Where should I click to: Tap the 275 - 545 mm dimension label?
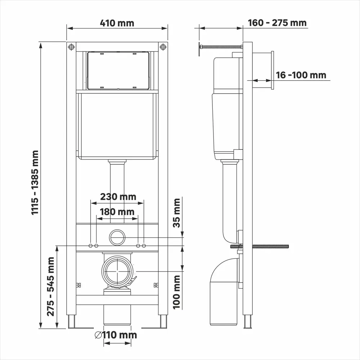(51, 286)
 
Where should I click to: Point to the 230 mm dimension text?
(118, 197)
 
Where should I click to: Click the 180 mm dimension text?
(117, 212)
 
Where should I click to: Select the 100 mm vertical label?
(177, 292)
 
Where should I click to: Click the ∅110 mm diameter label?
(116, 335)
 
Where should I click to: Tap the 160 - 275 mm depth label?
(277, 23)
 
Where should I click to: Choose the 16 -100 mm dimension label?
(301, 75)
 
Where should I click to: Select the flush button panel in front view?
(118, 70)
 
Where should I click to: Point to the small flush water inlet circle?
(117, 238)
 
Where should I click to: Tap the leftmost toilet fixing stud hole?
(90, 246)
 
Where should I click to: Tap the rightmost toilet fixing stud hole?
(144, 246)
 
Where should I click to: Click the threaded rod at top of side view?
(220, 47)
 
